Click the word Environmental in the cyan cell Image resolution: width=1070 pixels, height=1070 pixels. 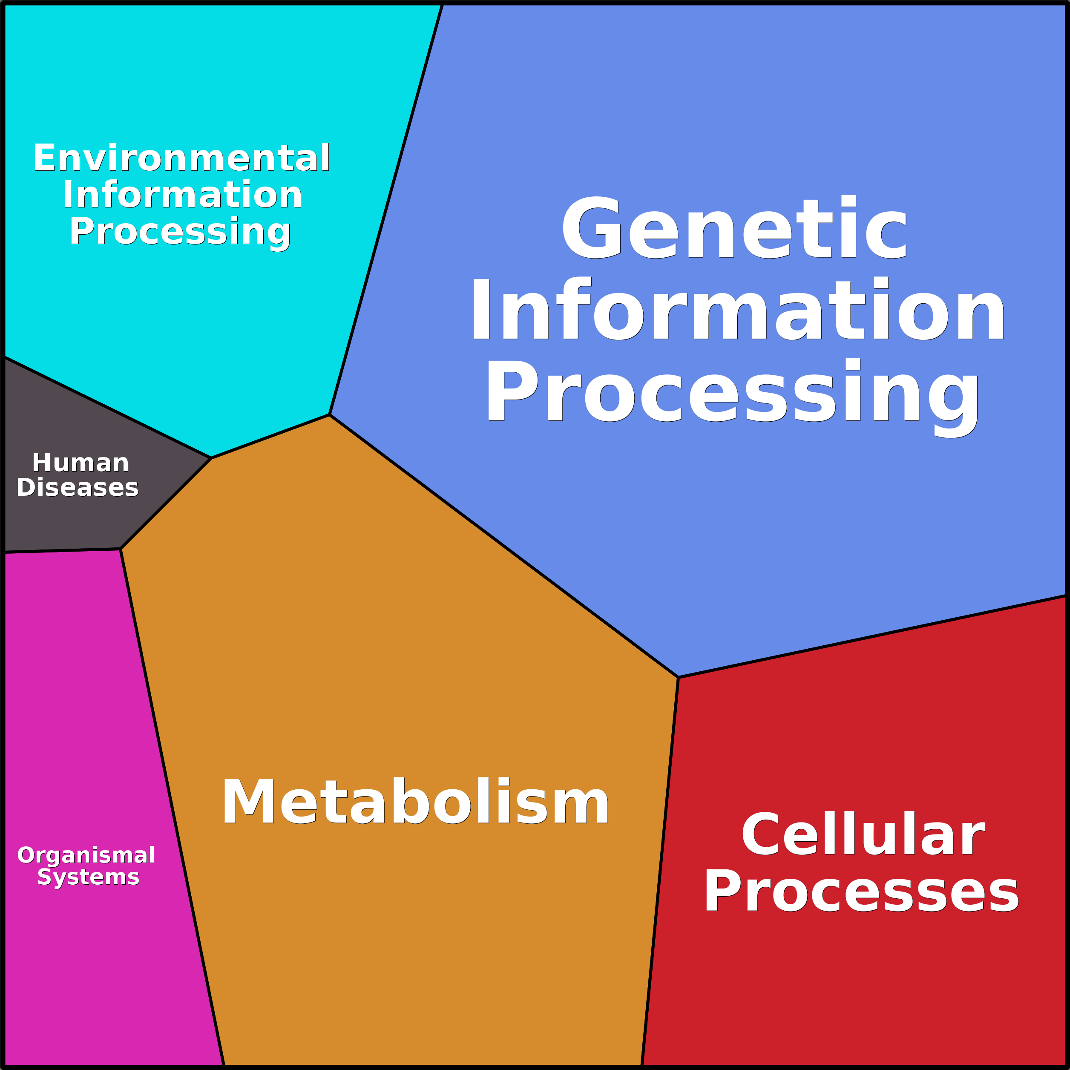coord(181,158)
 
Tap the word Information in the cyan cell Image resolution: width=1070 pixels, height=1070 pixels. coord(182,195)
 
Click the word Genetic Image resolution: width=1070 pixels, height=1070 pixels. coord(734,228)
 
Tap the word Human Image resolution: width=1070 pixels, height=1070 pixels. coord(81,463)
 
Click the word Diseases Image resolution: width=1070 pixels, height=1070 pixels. coord(78,488)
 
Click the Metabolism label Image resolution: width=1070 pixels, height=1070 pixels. coord(415,802)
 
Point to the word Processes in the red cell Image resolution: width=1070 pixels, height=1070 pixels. coord(861,892)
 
